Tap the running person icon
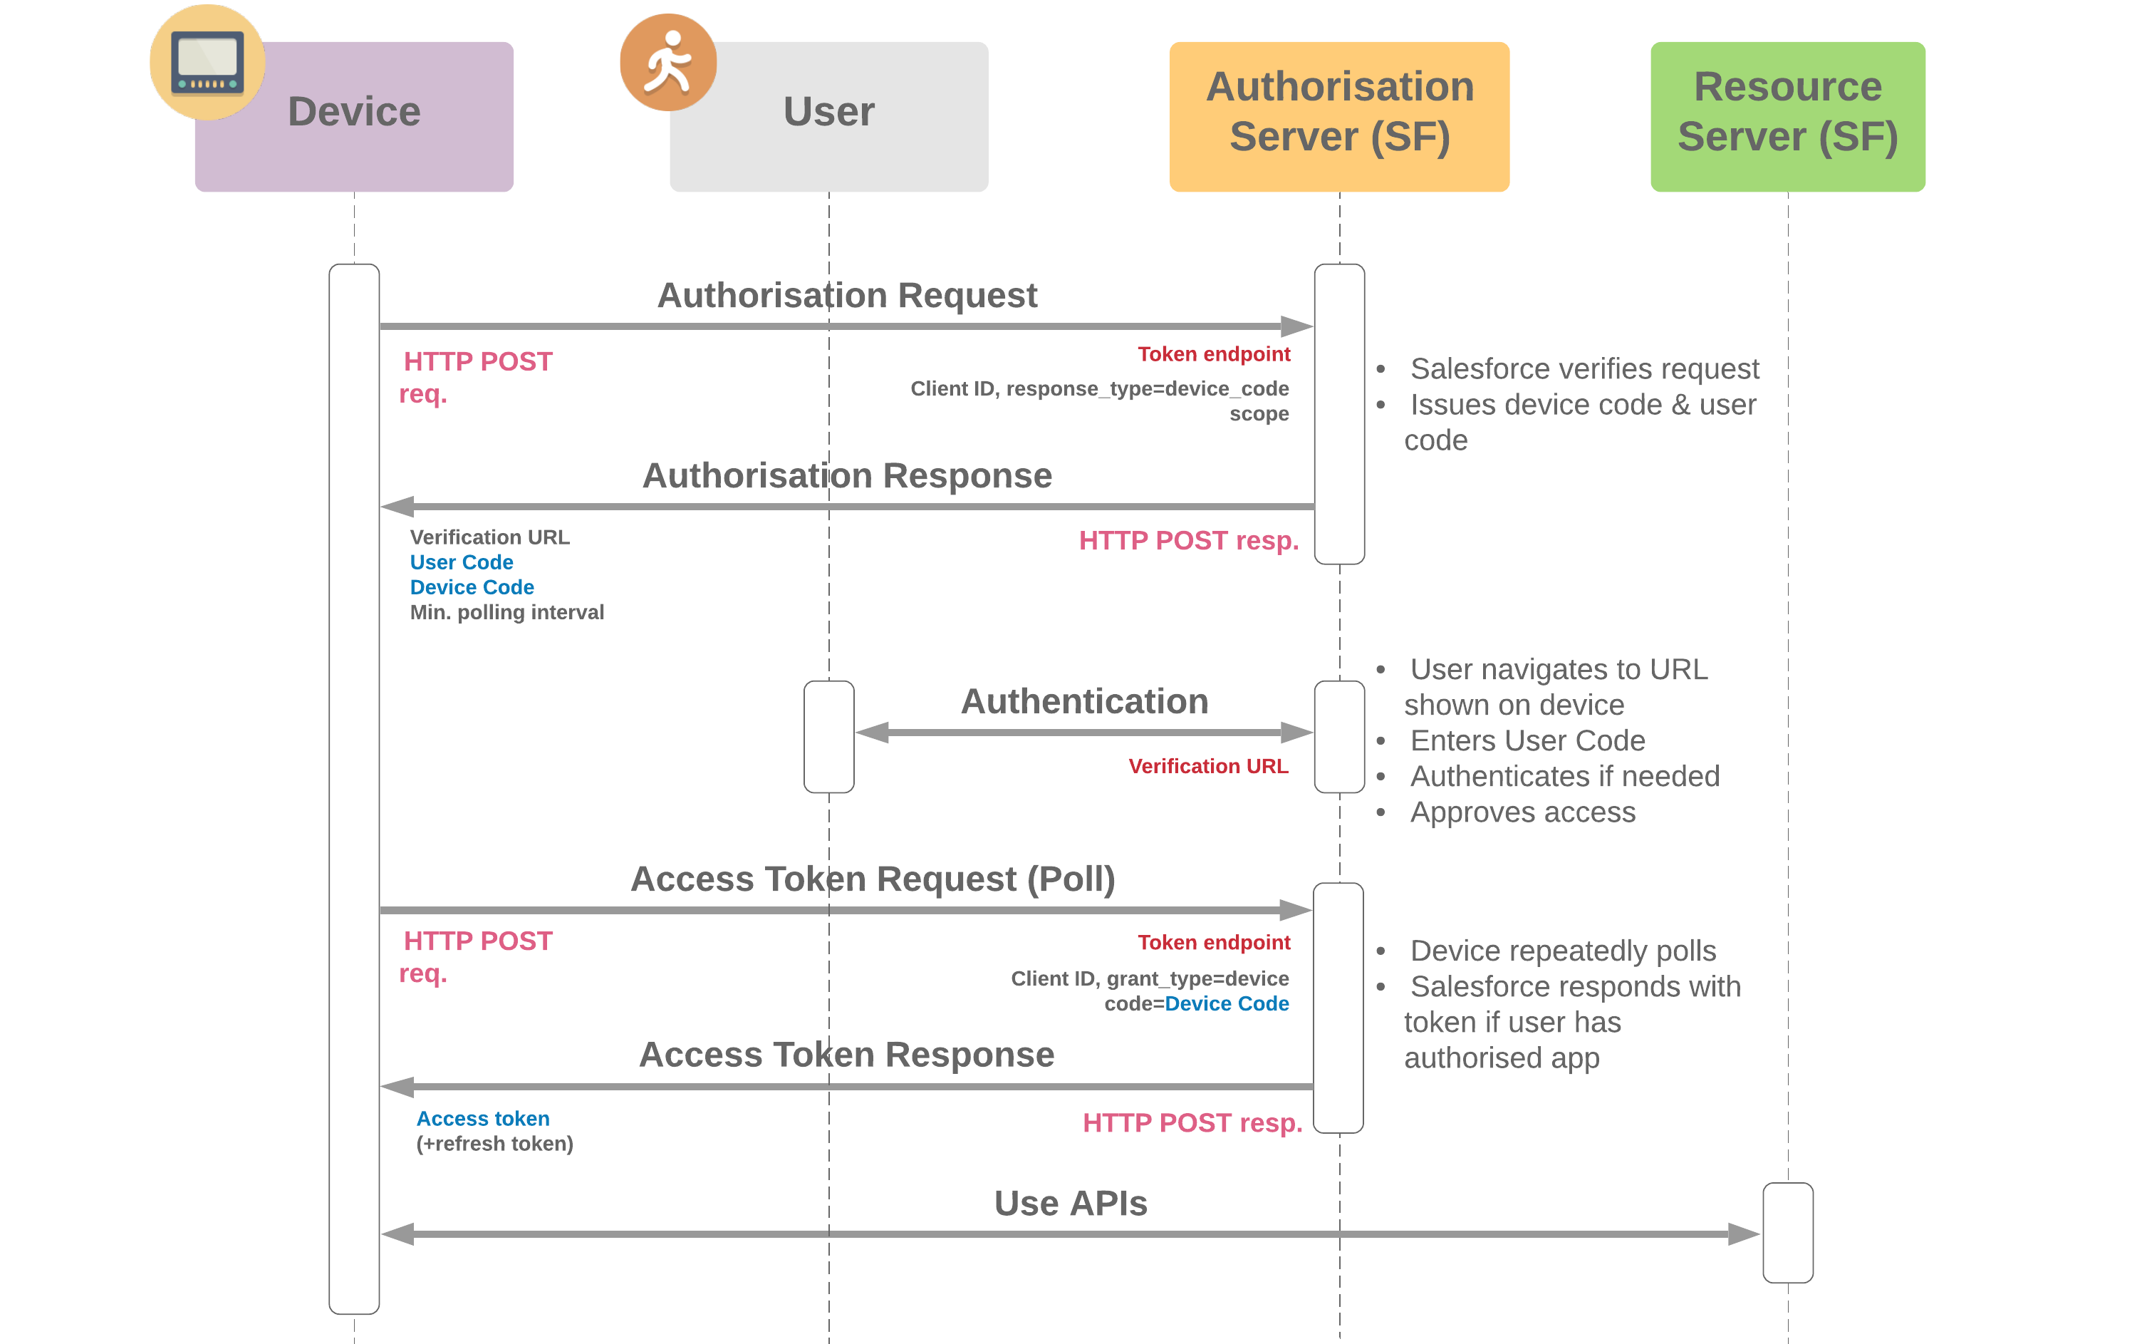(667, 62)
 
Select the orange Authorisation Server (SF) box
(1338, 115)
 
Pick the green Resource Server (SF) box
(1787, 115)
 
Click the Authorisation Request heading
(847, 296)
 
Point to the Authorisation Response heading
(847, 476)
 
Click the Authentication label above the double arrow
(1083, 701)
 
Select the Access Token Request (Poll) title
(873, 879)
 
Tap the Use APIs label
(1070, 1203)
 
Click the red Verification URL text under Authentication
(1208, 766)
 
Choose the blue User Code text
(462, 562)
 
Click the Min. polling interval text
(506, 613)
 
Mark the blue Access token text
(483, 1119)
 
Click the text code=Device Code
(1195, 1003)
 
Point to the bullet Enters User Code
(1527, 740)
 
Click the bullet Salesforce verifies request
(1584, 368)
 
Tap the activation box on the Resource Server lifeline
(1787, 1232)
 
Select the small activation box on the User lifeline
(828, 736)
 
